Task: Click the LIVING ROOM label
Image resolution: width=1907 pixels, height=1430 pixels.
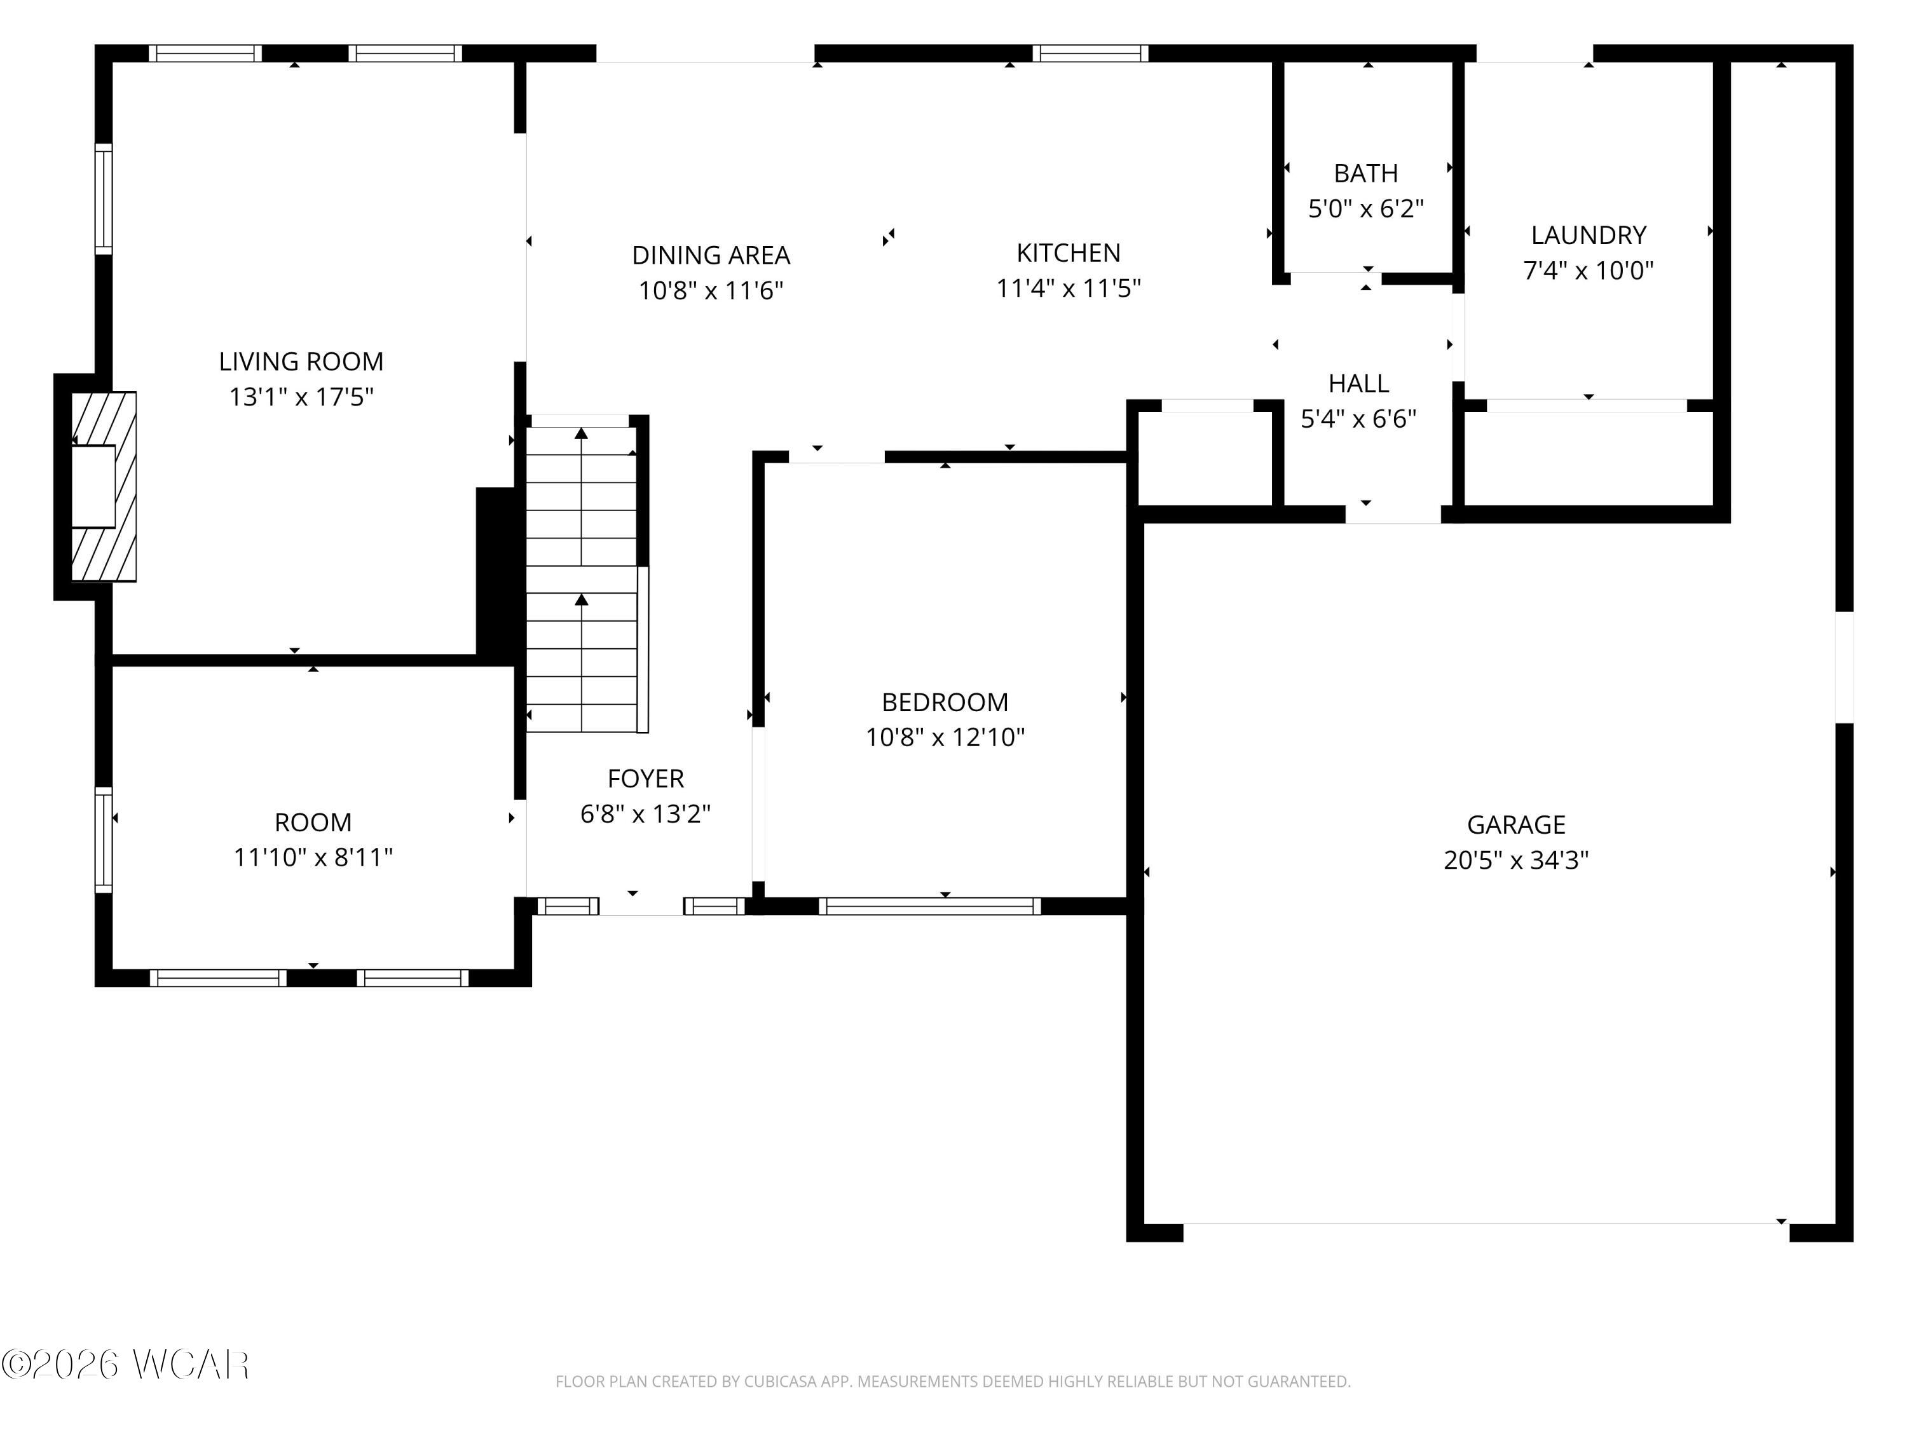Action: (x=301, y=361)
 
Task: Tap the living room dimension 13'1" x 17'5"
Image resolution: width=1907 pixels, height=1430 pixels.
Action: (x=301, y=397)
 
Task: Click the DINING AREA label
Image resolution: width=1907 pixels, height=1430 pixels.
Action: (x=711, y=255)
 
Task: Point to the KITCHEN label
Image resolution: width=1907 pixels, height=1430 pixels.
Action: (x=1068, y=252)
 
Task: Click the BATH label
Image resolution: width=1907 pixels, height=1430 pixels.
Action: (x=1365, y=174)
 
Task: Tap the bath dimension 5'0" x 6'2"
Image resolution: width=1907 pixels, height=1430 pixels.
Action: (x=1365, y=208)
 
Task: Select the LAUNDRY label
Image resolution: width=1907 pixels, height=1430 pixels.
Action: (x=1588, y=235)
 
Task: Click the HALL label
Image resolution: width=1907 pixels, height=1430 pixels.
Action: (x=1358, y=384)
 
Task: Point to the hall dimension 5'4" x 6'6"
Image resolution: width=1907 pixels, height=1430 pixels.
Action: (x=1358, y=419)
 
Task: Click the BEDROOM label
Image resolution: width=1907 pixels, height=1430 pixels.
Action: (x=945, y=702)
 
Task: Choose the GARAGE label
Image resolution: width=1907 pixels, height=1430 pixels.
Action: (x=1515, y=825)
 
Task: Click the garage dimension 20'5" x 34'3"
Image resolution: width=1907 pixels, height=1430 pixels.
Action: (x=1515, y=861)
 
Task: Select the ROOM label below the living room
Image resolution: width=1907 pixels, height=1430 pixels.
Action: (x=313, y=822)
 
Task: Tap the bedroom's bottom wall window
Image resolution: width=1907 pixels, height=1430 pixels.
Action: (x=929, y=906)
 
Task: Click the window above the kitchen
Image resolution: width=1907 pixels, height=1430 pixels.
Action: (x=1091, y=53)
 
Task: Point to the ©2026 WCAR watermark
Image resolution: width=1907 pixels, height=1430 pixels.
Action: (x=126, y=1365)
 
